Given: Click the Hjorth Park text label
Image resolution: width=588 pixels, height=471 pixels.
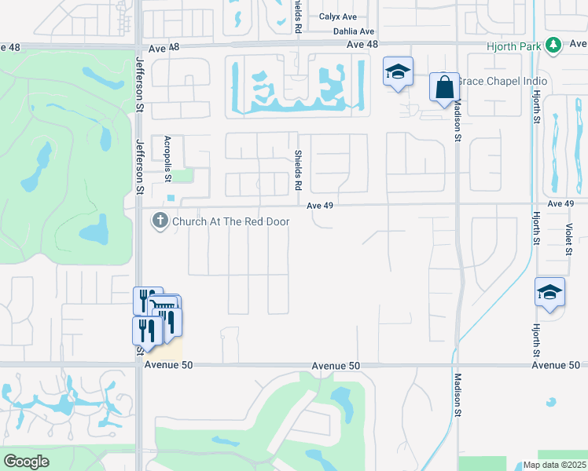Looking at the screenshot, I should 513,46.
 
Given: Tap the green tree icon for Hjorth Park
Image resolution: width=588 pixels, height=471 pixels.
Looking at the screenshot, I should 554,46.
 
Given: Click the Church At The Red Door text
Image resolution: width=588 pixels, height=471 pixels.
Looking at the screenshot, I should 231,221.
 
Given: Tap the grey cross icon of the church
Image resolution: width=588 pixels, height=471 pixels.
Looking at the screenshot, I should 160,221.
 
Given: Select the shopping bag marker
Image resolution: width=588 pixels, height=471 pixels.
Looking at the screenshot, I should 444,87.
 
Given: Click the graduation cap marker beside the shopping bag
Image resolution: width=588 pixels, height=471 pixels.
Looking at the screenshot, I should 399,72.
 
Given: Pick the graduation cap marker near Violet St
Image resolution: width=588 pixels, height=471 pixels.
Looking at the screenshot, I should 549,293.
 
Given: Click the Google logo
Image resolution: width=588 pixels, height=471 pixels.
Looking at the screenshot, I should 27,462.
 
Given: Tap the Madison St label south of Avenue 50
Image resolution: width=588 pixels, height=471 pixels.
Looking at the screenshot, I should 457,400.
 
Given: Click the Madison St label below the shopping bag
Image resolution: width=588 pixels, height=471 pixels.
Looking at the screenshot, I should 457,118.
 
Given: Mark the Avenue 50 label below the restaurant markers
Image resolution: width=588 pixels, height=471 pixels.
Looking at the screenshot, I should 169,366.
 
